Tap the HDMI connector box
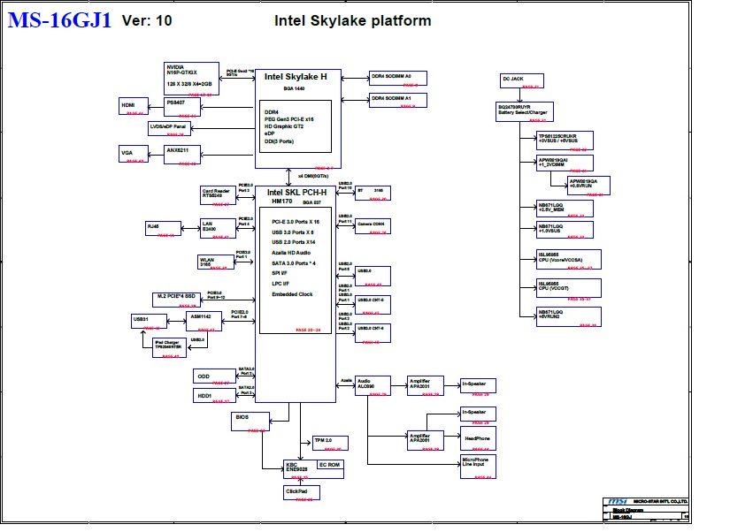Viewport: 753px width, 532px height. point(134,107)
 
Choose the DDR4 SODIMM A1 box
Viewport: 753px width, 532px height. point(397,100)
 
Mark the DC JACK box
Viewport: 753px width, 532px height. point(520,81)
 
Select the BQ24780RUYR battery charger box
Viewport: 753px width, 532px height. point(523,111)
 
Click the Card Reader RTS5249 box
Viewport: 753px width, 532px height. point(216,194)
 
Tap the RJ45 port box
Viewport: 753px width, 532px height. point(160,229)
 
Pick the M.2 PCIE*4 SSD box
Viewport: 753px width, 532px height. point(177,299)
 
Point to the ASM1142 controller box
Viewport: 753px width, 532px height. point(200,319)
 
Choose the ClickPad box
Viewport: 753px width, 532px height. point(300,492)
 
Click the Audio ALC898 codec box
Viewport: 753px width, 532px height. point(373,385)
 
